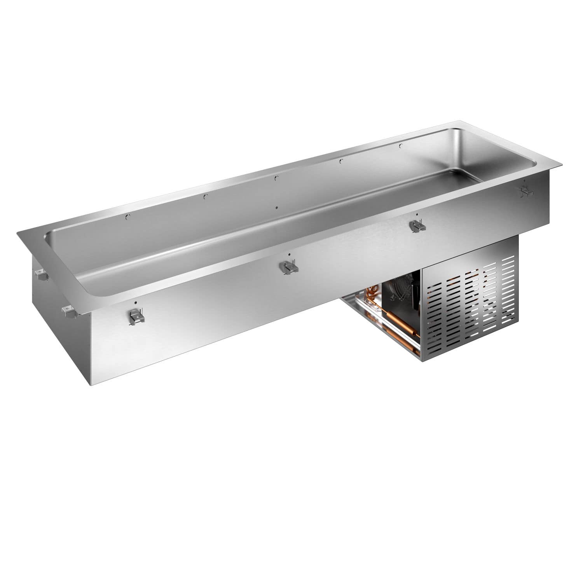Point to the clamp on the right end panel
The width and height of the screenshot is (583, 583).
526,190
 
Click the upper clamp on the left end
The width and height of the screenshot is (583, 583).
41,276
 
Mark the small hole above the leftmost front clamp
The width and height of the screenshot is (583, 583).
135,302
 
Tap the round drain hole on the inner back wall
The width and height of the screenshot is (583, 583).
276,208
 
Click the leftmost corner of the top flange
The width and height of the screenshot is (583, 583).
17,233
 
